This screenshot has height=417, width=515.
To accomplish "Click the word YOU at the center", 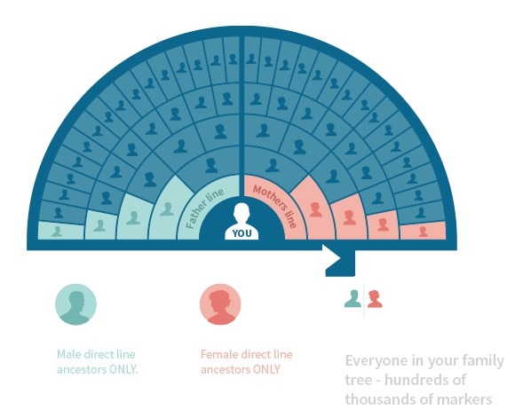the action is coord(242,233).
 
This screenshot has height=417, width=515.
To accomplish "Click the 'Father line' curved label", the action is coord(204,208).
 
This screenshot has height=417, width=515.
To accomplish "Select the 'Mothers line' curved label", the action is coord(275,206).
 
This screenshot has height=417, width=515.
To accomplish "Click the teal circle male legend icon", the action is coord(75,304).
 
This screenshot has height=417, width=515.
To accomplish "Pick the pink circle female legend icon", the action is coord(220,304).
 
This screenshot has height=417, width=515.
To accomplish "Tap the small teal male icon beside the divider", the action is coord(353,299).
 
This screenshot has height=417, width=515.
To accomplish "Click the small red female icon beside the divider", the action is coord(375,299).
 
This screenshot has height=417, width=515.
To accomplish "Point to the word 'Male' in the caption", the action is coord(69,354).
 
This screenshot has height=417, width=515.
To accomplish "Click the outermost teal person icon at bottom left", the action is coord(57,232).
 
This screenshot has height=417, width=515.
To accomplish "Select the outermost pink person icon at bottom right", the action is coord(423,232).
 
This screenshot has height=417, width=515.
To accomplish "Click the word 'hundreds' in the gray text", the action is coord(425,381).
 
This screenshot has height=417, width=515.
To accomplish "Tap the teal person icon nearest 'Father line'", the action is coord(167,209).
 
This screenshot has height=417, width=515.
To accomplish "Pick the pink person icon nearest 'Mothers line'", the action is coord(315,209).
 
